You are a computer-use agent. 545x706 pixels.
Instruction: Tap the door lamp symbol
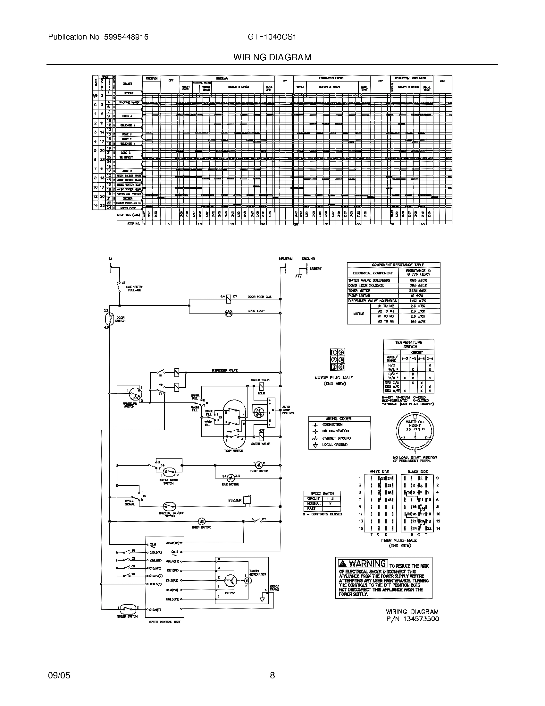coord(229,313)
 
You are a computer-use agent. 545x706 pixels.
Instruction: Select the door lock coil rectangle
coord(229,299)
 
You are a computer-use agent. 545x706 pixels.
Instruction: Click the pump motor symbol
coord(259,465)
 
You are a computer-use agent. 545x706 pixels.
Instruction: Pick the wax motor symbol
coord(231,478)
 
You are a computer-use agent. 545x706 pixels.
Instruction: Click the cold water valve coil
coord(261,386)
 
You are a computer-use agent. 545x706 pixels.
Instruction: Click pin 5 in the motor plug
coord(342,359)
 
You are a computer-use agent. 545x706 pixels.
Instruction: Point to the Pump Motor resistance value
coord(419,296)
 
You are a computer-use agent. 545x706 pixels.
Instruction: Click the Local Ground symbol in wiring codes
coord(315,445)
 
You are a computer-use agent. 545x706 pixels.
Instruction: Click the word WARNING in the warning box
coord(367,564)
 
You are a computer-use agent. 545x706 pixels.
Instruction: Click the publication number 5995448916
coord(126,37)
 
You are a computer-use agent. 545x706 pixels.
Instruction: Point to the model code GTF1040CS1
coord(272,37)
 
